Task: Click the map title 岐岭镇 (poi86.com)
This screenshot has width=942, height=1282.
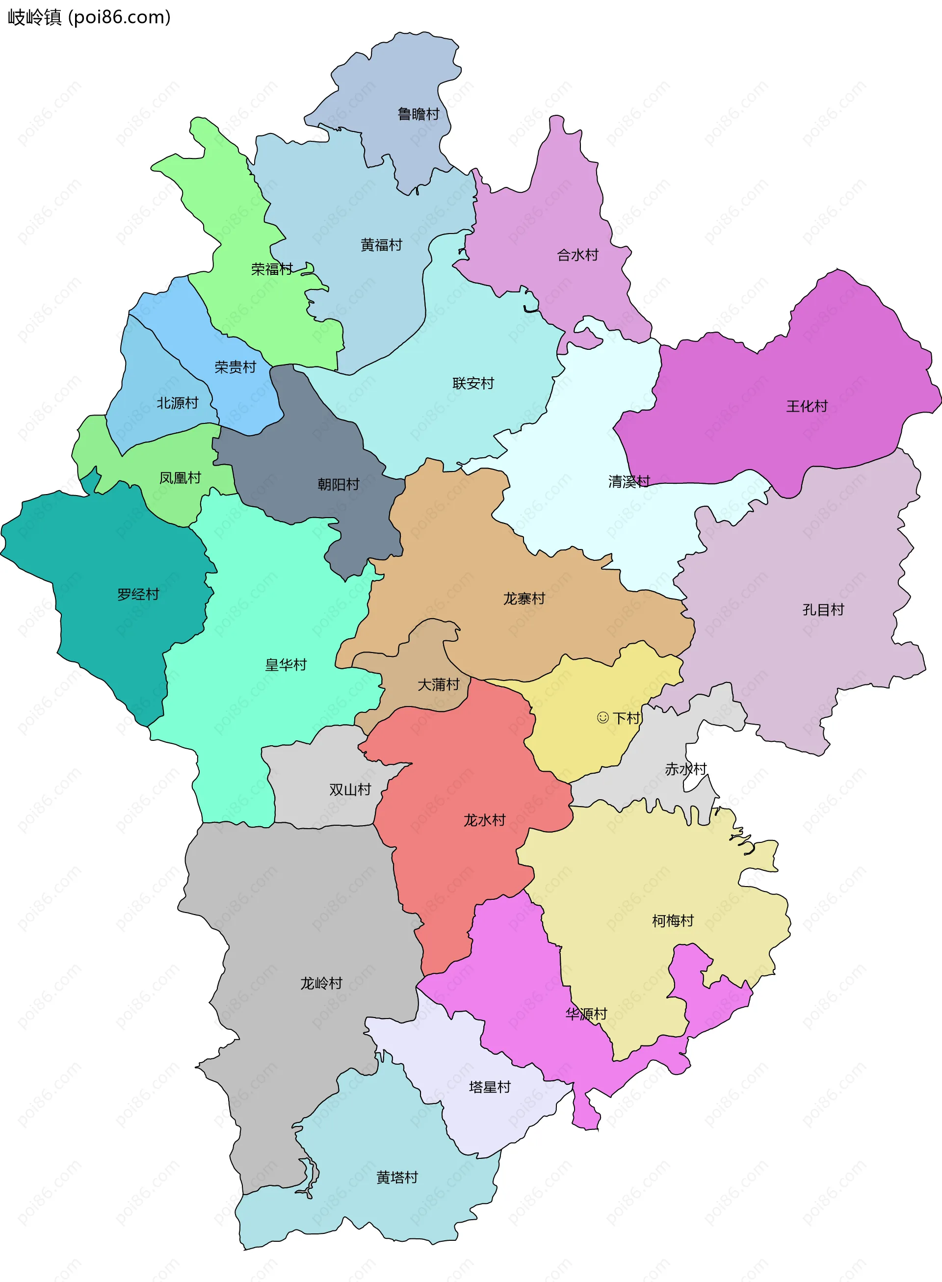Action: (x=89, y=17)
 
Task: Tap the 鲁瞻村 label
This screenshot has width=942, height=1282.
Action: (x=418, y=114)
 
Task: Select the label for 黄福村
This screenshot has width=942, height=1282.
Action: (x=382, y=245)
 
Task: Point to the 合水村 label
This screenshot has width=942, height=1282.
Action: (x=577, y=255)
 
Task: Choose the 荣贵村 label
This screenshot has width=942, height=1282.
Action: (x=235, y=366)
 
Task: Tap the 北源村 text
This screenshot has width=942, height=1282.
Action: (x=177, y=403)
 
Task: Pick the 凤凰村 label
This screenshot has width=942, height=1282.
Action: (x=180, y=477)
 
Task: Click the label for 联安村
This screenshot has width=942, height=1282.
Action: (x=472, y=383)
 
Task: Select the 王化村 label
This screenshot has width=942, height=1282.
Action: (x=806, y=406)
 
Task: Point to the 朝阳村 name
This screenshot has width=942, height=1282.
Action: (x=338, y=484)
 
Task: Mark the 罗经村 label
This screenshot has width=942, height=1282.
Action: (x=138, y=594)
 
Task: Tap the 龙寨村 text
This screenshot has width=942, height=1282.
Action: (x=524, y=598)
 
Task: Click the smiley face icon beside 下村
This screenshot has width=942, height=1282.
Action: (x=602, y=717)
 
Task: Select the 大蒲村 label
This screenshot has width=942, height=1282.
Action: (x=439, y=684)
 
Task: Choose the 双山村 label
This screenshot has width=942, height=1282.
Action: (x=350, y=789)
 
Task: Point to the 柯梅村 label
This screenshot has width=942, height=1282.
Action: (x=672, y=920)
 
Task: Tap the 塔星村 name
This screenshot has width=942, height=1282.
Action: (x=489, y=1087)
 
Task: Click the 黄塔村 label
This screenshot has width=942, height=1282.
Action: (x=397, y=1177)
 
